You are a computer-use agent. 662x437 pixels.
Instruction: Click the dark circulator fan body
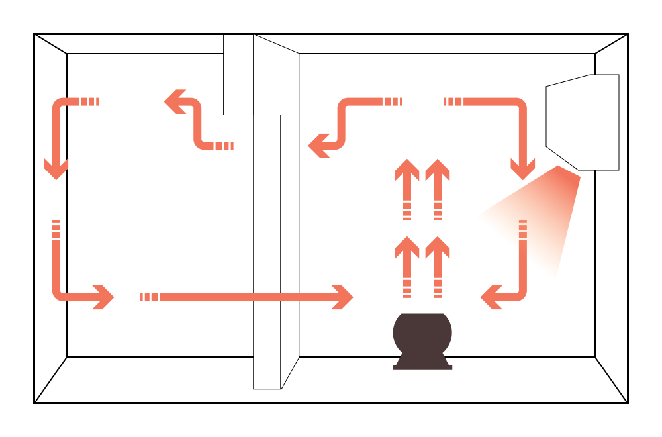422,334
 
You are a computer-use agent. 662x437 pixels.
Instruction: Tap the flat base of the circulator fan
422,367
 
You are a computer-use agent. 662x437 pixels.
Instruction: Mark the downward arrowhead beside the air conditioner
523,168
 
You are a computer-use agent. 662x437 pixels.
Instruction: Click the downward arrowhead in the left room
56,168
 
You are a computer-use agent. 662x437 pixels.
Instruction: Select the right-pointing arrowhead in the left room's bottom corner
103,297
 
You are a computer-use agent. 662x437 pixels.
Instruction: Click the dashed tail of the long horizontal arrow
150,297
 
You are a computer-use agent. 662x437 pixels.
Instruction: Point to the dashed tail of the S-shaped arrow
224,146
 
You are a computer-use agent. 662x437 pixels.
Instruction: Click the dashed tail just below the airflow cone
523,229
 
